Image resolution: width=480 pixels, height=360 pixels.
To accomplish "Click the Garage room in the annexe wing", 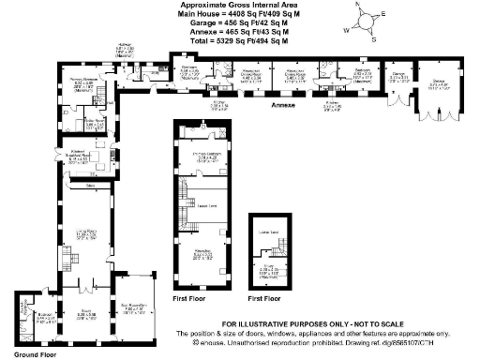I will click(x=397, y=77).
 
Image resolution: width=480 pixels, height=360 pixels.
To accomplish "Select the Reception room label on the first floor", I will click(x=202, y=254).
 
